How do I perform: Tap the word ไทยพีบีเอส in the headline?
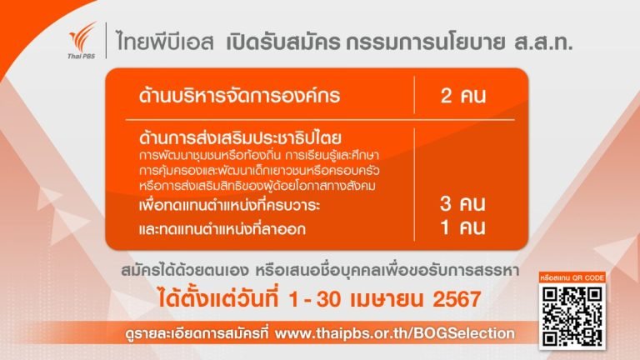(165, 42)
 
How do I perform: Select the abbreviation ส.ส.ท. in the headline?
(543, 42)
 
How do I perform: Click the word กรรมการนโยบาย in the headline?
(425, 42)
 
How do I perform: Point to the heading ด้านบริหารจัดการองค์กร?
(240, 96)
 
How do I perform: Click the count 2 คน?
(463, 96)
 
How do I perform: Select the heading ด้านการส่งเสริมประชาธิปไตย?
(240, 137)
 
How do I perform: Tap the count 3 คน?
(462, 203)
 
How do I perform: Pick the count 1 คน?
(463, 227)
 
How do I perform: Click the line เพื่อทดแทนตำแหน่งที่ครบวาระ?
(229, 204)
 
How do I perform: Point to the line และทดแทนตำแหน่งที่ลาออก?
(222, 228)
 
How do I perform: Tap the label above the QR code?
(572, 278)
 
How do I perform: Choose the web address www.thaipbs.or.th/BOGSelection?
(395, 333)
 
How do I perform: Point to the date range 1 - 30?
(315, 299)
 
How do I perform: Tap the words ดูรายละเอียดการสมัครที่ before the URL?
(197, 334)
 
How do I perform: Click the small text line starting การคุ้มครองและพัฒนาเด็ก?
(259, 170)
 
